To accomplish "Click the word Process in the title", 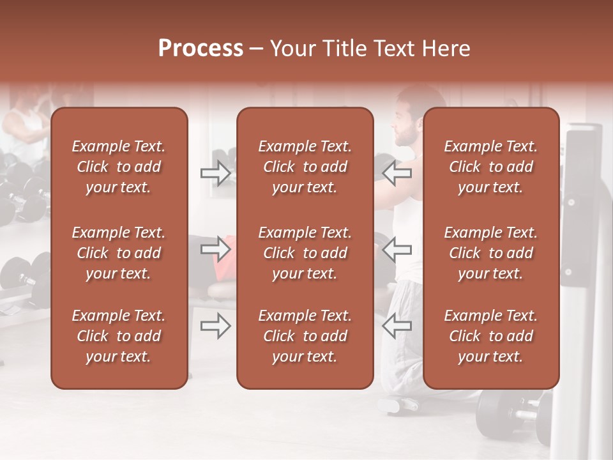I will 201,49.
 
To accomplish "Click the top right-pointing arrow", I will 215,173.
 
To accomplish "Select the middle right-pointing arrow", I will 215,249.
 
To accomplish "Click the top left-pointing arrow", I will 397,173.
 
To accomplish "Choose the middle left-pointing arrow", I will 397,249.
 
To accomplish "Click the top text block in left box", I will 119,167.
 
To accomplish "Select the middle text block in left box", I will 119,253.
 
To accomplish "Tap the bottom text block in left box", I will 119,336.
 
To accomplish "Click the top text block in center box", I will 305,167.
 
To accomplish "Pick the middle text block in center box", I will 305,253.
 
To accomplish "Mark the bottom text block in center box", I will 305,336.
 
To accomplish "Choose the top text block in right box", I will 491,167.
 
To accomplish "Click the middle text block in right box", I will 491,253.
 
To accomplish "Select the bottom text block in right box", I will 491,336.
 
